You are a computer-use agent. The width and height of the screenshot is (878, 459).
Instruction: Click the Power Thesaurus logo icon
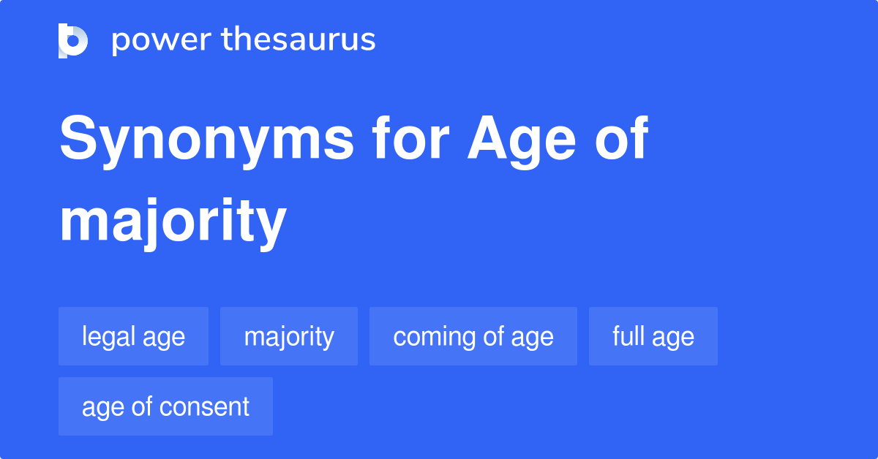73,40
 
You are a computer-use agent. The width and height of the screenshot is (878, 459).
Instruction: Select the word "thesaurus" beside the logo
298,40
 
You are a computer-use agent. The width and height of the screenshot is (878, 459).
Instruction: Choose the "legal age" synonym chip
133,336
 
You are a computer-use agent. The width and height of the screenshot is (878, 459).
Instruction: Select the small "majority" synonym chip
289,336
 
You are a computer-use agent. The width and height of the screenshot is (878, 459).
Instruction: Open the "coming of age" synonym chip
473,336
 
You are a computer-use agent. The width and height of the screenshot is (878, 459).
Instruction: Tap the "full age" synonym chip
653,336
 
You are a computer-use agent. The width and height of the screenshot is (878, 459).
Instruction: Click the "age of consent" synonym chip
165,406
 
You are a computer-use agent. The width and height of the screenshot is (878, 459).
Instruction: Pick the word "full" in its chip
628,336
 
